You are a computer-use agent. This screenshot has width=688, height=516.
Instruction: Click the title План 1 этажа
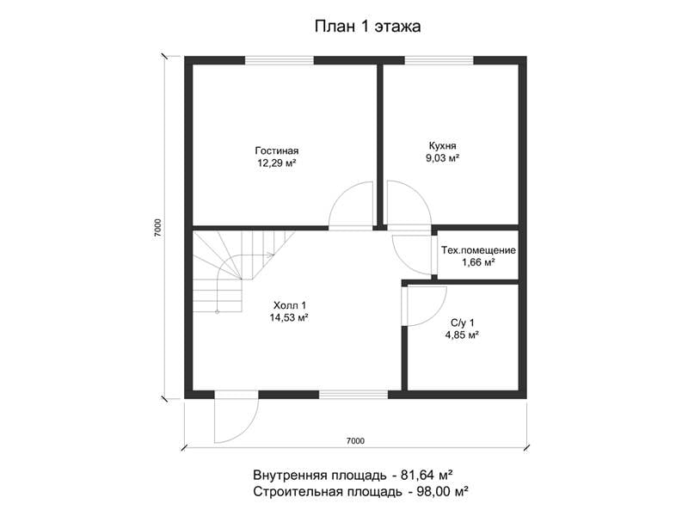click(368, 27)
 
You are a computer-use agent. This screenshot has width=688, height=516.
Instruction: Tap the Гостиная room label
click(277, 150)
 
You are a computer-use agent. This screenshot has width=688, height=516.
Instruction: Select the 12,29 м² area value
click(277, 163)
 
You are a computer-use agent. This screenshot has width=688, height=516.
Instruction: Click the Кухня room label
click(442, 145)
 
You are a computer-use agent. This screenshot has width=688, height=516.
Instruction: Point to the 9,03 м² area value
click(442, 158)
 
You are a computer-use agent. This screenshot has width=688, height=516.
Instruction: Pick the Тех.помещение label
click(478, 250)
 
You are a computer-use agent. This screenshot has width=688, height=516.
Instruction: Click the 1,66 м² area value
click(478, 262)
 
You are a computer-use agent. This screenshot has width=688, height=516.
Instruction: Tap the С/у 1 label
click(462, 323)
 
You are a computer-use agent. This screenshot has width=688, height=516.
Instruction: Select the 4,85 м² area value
click(462, 335)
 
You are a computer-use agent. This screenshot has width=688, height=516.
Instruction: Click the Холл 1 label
click(290, 305)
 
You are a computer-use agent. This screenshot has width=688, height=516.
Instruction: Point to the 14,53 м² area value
click(289, 317)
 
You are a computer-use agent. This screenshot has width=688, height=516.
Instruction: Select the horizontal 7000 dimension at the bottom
click(355, 441)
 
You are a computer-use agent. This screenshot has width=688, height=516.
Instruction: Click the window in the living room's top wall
click(279, 60)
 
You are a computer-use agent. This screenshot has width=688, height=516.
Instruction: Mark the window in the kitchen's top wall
click(439, 60)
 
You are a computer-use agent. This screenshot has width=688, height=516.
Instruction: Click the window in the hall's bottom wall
click(353, 395)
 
